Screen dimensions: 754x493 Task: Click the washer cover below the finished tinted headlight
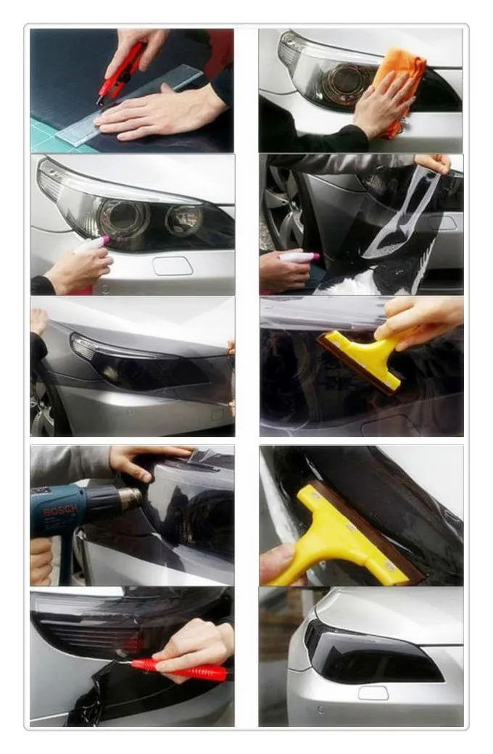click(x=373, y=693)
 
